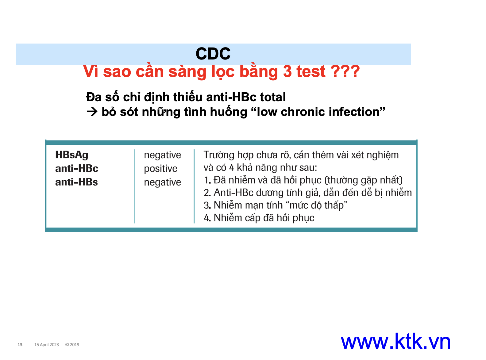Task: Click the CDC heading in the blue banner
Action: [x=213, y=54]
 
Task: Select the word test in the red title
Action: [x=311, y=71]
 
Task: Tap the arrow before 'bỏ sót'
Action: [x=92, y=112]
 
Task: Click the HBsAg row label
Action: [x=72, y=155]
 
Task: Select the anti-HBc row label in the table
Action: [x=77, y=168]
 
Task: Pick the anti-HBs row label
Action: [x=76, y=182]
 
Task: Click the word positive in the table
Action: [x=160, y=169]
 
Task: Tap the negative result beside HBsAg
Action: [x=162, y=155]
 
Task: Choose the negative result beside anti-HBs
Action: [x=162, y=182]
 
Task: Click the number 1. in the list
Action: [x=207, y=180]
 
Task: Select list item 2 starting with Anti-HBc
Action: [x=308, y=193]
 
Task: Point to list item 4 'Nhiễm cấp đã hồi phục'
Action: [x=259, y=218]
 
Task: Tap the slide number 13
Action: [x=20, y=345]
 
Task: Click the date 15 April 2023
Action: [x=46, y=345]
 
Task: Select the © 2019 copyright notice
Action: [x=72, y=345]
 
